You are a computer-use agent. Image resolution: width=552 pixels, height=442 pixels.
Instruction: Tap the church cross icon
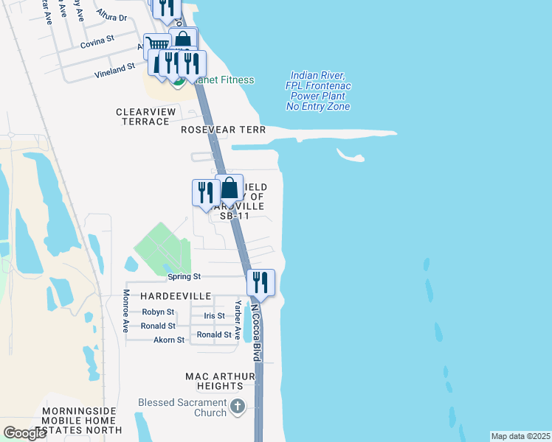238,407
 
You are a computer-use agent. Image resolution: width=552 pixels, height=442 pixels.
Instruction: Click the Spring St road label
184,277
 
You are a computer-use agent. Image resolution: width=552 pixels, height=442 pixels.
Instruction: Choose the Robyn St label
158,312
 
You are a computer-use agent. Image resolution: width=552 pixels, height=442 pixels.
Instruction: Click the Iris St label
213,316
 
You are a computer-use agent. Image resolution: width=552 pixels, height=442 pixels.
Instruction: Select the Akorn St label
169,340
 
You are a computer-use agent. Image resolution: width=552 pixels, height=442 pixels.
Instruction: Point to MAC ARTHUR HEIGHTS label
219,381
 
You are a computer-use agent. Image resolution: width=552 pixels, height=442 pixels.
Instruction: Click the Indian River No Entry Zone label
320,91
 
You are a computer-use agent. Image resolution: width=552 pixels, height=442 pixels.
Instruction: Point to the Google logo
25,432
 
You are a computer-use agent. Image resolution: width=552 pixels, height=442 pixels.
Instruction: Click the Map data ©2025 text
520,436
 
